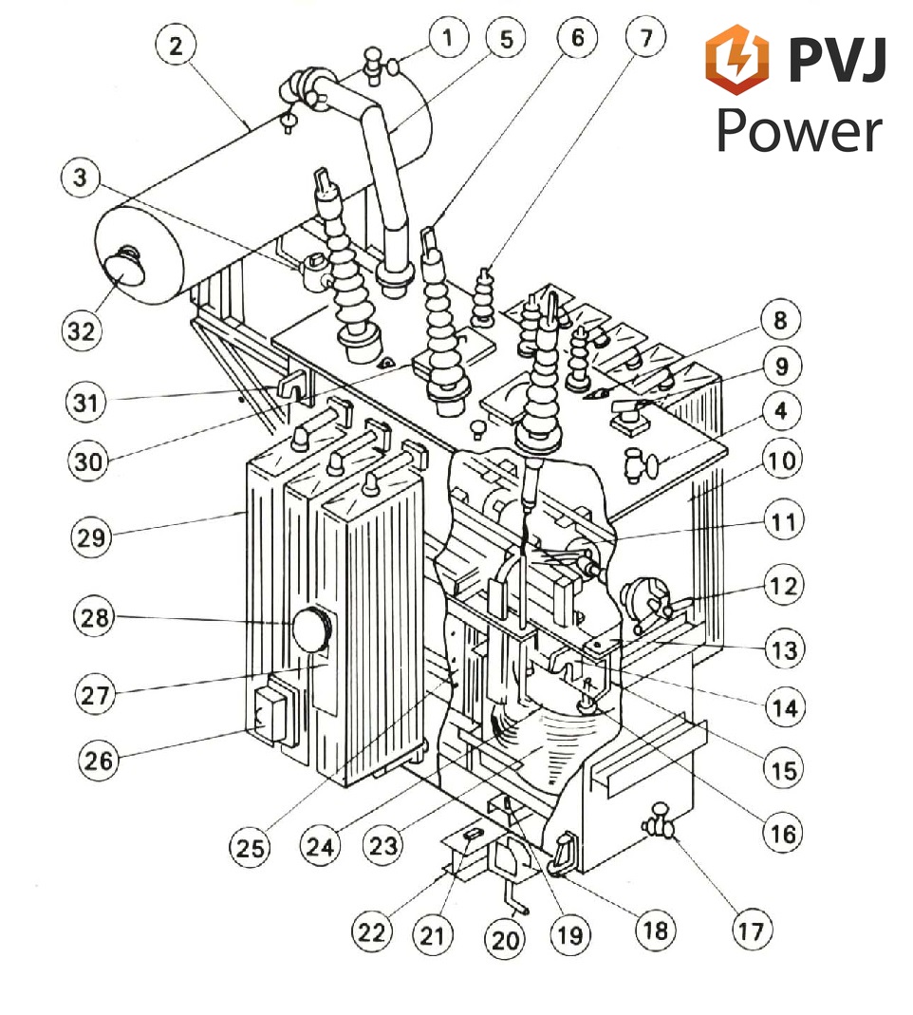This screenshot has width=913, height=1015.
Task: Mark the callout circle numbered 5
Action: click(506, 39)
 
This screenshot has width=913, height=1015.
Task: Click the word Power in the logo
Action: click(799, 131)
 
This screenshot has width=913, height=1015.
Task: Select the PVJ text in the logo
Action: click(837, 59)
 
